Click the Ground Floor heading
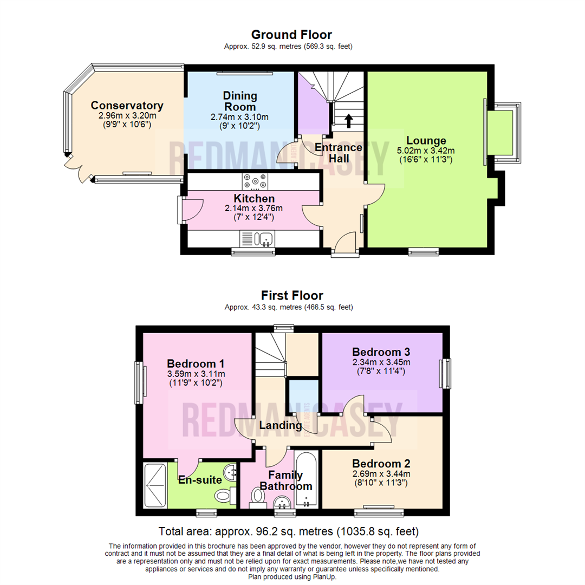pos(292,35)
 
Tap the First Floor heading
pos(292,296)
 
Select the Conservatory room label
pos(127,105)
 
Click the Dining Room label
pos(240,101)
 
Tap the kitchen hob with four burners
pos(254,180)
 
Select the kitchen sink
pos(265,238)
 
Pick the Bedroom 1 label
pos(196,363)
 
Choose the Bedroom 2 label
pos(381,464)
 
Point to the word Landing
pos(280,426)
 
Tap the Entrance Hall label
pos(338,153)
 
